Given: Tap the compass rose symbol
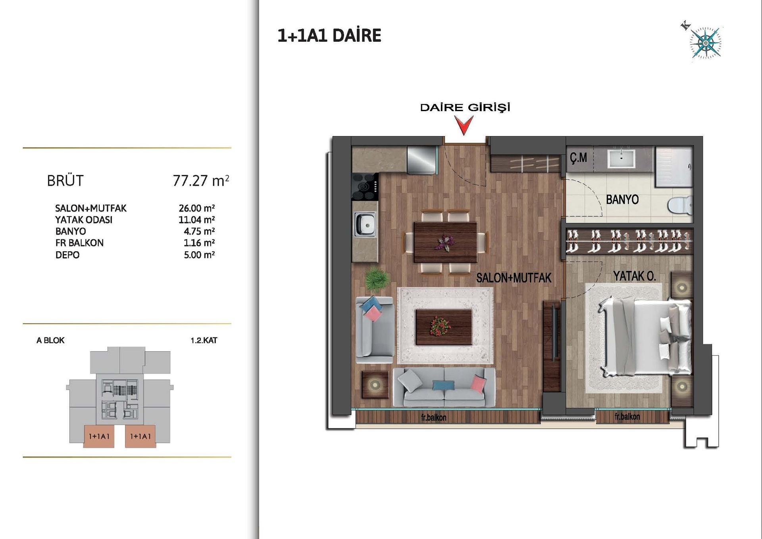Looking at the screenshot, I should click(x=705, y=43).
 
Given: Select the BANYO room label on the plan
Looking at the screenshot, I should click(x=622, y=199).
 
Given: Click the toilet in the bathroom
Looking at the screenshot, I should click(x=679, y=205).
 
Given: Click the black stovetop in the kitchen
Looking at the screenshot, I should click(x=365, y=187).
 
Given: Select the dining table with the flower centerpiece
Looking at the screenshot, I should click(x=445, y=242).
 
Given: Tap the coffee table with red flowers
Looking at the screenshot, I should click(x=443, y=327).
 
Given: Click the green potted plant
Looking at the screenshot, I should click(x=377, y=279).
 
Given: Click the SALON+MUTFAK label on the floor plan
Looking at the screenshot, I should click(x=514, y=278).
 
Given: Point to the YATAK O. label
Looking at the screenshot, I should click(x=634, y=276).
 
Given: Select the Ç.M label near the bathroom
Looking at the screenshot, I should click(x=578, y=158).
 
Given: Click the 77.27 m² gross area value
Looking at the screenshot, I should click(x=201, y=181).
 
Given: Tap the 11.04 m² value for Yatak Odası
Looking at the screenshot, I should click(x=196, y=219).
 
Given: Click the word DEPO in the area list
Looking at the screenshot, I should click(x=67, y=255).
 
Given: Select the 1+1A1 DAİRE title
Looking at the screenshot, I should click(x=329, y=36).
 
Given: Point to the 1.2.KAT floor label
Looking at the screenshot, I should click(x=204, y=340).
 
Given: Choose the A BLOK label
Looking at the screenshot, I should click(x=50, y=340).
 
